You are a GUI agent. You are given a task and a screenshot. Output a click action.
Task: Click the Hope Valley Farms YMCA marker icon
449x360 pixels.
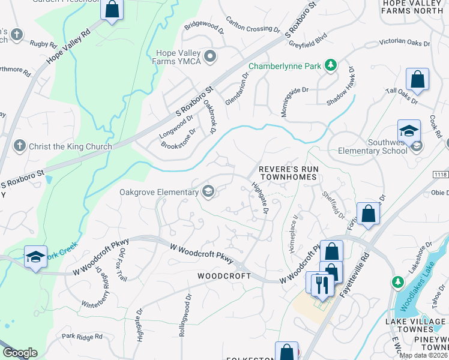pos(210,57)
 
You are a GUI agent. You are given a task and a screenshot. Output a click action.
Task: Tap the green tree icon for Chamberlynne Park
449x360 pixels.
pos(330,65)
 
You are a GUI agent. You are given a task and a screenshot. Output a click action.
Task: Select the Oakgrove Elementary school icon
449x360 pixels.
pos(208,192)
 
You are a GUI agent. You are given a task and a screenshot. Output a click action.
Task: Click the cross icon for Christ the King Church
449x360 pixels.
pos(19,146)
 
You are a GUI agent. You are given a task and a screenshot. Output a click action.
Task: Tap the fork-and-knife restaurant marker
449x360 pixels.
pos(323,283)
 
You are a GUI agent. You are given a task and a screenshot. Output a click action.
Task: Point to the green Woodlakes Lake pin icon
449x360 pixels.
pos(397,281)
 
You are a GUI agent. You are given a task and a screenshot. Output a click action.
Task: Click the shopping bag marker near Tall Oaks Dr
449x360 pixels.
pos(417,79)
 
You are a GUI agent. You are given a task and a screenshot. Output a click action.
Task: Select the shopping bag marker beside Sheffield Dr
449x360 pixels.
pos(368,213)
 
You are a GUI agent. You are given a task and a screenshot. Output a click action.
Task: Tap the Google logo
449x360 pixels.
pos(20,353)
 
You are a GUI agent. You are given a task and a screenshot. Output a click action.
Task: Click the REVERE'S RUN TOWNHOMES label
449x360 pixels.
pos(288,174)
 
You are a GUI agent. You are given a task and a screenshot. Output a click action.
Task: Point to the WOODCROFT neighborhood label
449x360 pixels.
pos(223,275)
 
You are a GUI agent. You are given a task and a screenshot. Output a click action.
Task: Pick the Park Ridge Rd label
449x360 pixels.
pos(82,337)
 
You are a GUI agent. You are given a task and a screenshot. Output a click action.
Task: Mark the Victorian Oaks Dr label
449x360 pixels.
pos(405,43)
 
